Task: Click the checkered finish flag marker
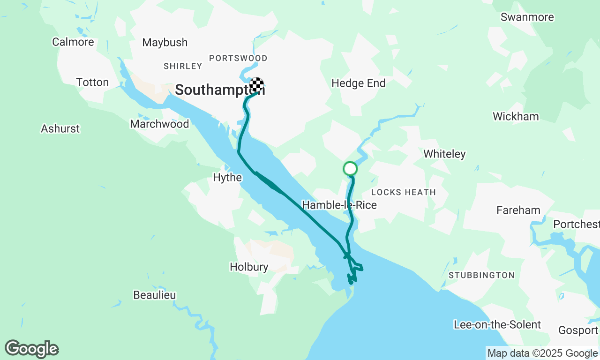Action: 256,85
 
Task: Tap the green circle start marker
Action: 350,168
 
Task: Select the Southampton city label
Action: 219,90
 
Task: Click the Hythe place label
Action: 227,178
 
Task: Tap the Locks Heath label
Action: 403,192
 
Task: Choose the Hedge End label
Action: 358,83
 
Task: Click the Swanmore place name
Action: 527,17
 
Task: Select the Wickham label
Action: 516,117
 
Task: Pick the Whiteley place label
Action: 444,154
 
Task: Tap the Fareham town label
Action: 518,210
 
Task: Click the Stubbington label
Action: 481,275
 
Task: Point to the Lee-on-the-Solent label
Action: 497,325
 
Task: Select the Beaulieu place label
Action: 155,295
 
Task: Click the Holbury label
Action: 249,267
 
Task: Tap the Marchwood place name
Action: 159,124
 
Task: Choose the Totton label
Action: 92,82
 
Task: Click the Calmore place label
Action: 73,42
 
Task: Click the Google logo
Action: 31,349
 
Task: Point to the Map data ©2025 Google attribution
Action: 542,353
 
